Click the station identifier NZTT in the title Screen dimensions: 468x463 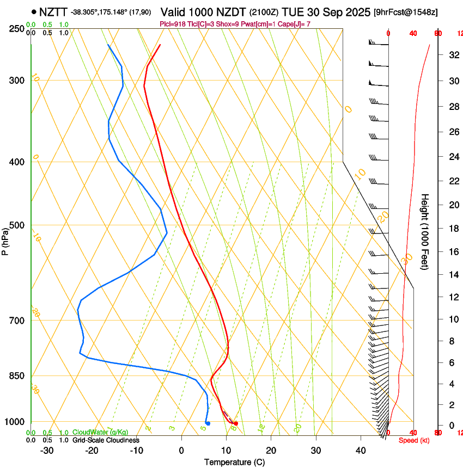[x=53, y=11]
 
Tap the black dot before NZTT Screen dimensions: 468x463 [x=34, y=11]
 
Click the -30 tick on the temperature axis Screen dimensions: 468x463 [x=47, y=450]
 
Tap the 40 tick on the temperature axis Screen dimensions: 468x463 [x=361, y=450]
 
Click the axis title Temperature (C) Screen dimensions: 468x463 [x=234, y=462]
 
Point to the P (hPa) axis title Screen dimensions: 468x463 [x=5, y=240]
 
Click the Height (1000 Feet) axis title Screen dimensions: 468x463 [x=425, y=232]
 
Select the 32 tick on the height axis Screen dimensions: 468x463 [x=453, y=55]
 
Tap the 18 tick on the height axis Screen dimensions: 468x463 [x=453, y=229]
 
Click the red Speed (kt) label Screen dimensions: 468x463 [x=414, y=440]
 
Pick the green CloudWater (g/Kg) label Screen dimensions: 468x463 [x=100, y=432]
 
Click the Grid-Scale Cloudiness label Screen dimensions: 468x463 [x=105, y=440]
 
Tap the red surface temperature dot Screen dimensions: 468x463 [x=235, y=423]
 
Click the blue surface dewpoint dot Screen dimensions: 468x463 [x=208, y=423]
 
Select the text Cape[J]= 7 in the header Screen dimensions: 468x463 [x=295, y=24]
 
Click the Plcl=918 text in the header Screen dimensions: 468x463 [x=174, y=24]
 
